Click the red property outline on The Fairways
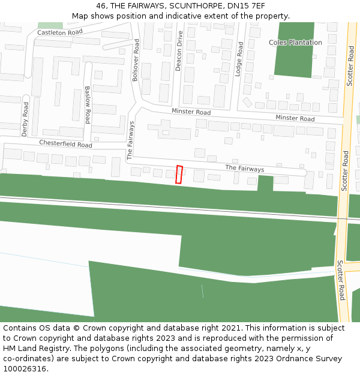pyautogui.click(x=179, y=175)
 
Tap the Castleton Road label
pyautogui.click(x=60, y=32)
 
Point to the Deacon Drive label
pyautogui.click(x=178, y=51)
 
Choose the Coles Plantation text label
pyautogui.click(x=295, y=43)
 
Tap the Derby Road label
pyautogui.click(x=25, y=119)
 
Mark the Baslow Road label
pyautogui.click(x=88, y=104)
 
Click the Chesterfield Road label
pyautogui.click(x=65, y=144)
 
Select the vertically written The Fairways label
pyautogui.click(x=131, y=140)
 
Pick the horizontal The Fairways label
pyautogui.click(x=244, y=169)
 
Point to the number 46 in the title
pyautogui.click(x=101, y=6)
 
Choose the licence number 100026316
pyautogui.click(x=25, y=368)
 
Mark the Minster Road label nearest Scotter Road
pyautogui.click(x=295, y=118)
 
